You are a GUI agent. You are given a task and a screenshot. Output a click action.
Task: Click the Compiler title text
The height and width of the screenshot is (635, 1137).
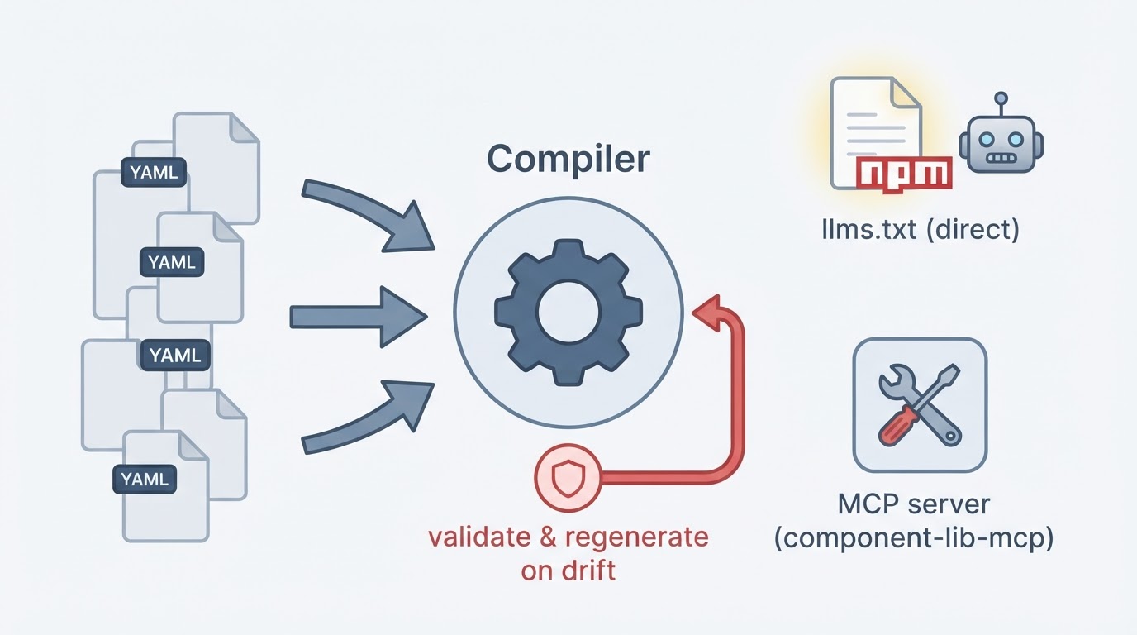point(568,160)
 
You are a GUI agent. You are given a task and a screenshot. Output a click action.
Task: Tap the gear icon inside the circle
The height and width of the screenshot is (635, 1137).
point(568,313)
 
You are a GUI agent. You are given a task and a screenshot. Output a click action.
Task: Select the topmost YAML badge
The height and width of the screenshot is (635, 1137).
point(154,172)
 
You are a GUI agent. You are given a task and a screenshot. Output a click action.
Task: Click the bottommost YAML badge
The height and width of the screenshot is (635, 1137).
point(145,479)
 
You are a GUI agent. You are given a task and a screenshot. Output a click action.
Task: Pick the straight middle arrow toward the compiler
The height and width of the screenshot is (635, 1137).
point(359,317)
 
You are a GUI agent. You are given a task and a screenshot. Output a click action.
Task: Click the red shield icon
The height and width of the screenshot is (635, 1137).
point(568,478)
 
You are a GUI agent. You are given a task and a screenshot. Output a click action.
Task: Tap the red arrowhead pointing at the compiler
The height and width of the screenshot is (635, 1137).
point(706,312)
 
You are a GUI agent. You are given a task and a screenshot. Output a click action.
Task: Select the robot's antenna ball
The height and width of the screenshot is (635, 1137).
point(1001,98)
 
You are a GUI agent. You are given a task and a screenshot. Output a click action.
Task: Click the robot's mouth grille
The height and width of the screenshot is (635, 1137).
point(1001,158)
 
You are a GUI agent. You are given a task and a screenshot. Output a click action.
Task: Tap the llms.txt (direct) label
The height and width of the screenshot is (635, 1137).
point(921,230)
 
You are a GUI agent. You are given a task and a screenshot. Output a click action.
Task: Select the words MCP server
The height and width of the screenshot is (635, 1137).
point(914,504)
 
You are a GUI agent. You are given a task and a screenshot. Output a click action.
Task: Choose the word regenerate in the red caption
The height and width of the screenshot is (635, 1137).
point(636,537)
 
